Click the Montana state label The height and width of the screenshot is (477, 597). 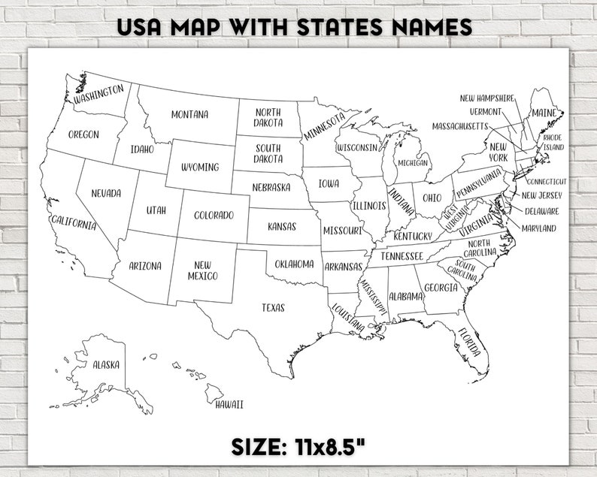coord(189,115)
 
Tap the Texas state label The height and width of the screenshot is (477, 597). coord(273,307)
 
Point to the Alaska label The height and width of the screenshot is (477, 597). coord(106,365)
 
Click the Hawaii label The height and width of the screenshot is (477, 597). coord(229,405)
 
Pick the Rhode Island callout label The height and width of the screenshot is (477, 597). coord(553,143)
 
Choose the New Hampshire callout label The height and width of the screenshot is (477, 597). coord(487,98)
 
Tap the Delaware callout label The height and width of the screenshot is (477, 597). coord(541,211)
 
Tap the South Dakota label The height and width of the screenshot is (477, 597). coord(268,154)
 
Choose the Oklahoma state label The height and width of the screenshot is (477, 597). coord(294,264)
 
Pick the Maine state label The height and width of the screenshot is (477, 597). coord(544,113)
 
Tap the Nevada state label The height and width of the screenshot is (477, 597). coord(106,194)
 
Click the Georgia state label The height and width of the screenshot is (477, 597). coord(441,288)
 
